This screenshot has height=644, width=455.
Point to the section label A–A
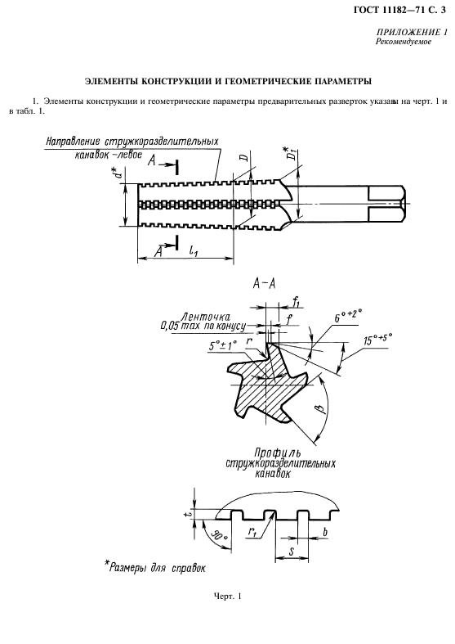coord(263,284)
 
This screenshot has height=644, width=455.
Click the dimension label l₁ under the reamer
coord(193,250)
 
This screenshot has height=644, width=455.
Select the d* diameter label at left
coord(118,171)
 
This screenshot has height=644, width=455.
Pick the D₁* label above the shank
coord(292,153)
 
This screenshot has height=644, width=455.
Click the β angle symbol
coord(322,409)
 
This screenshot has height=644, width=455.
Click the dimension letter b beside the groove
coord(325,532)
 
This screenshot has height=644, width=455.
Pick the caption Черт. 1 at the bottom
coord(227,596)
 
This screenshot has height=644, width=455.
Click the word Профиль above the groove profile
coord(277,453)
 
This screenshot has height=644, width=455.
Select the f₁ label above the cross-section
coord(296,302)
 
